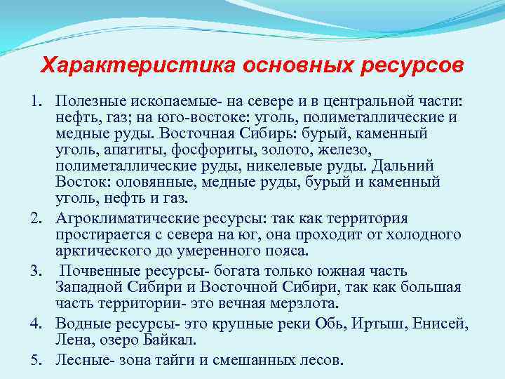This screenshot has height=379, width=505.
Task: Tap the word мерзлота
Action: tap(308, 303)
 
